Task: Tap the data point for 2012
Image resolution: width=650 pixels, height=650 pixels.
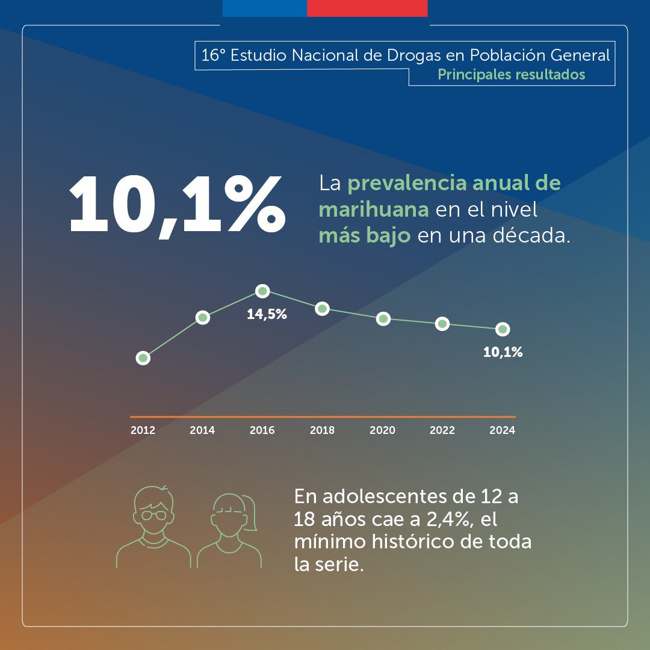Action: [143, 358]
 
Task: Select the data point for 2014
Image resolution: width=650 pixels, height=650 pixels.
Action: [203, 317]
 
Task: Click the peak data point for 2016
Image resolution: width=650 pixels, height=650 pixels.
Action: [262, 291]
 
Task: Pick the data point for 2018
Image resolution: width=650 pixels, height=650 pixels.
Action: [323, 309]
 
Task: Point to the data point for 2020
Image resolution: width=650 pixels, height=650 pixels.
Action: [383, 318]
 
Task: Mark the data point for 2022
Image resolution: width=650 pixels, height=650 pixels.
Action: [442, 324]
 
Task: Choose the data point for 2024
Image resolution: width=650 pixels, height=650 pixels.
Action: [503, 329]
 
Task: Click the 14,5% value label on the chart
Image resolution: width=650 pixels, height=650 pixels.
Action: [267, 314]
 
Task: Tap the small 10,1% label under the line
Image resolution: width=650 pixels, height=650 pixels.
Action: [503, 353]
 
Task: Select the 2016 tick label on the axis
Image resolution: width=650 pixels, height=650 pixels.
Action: [262, 430]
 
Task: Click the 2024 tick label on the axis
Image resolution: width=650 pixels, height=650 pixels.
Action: [502, 430]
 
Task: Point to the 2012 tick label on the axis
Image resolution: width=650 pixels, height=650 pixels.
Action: [143, 430]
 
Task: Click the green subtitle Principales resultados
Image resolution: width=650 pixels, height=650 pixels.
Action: [511, 75]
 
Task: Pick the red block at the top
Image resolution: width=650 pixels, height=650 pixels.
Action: [367, 8]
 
